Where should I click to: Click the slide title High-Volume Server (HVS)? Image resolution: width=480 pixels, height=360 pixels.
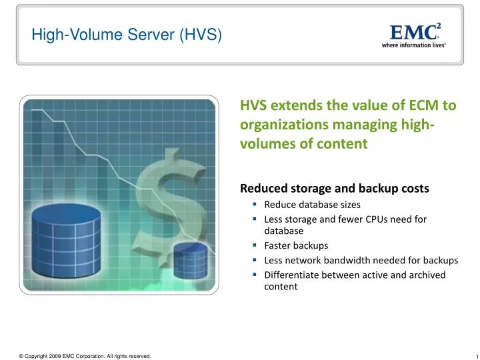tap(126, 35)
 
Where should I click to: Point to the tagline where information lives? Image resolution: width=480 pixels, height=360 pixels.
tap(413, 45)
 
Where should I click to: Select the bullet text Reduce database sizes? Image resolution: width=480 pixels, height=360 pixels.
tap(312, 204)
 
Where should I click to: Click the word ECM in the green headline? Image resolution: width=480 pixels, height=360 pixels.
tap(423, 105)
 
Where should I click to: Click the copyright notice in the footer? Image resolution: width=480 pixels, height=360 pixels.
tap(85, 356)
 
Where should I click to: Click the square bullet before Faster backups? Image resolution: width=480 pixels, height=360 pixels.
tap(255, 245)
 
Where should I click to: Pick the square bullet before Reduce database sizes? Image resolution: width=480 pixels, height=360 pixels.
tap(255, 204)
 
